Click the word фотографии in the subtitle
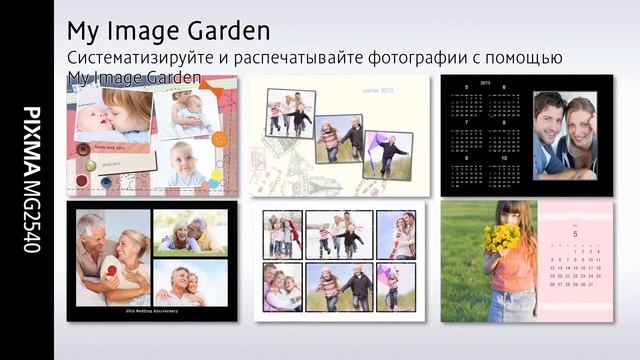coord(429,57)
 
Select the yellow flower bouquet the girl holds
coord(501,238)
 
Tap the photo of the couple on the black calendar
coord(565,134)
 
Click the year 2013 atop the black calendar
coord(485,83)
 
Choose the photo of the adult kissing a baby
coord(113,115)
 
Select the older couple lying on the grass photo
coord(190,232)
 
